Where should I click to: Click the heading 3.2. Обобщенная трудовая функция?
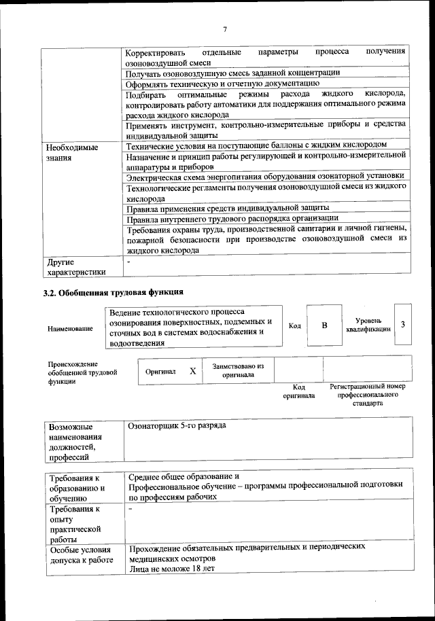(113, 294)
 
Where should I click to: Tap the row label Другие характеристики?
(75, 267)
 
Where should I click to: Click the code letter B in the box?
(324, 325)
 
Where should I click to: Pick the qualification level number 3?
(403, 324)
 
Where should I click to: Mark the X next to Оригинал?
(192, 371)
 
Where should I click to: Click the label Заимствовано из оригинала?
(238, 370)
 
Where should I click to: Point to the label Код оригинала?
(299, 391)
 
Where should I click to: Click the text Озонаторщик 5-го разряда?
(177, 426)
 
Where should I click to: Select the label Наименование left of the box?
(71, 329)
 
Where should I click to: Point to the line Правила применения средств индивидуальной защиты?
(228, 207)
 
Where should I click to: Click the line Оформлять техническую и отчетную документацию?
(217, 84)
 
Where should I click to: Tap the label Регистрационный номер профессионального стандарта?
(367, 394)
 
